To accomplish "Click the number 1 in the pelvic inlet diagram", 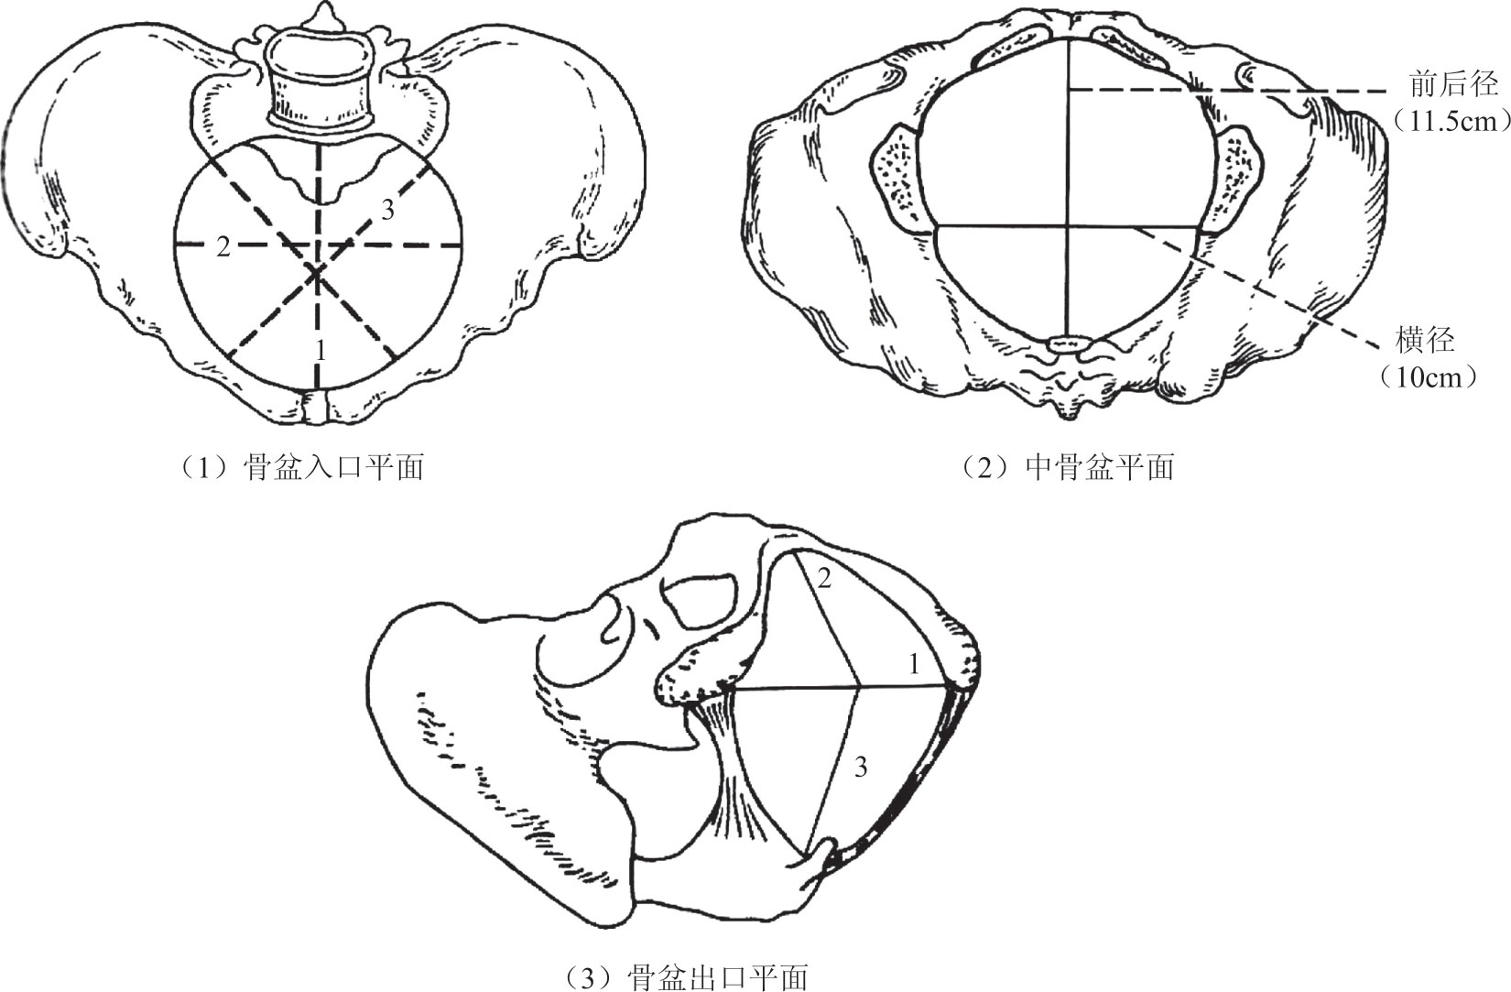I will pos(320,349).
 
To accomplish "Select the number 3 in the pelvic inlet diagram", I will pos(387,211).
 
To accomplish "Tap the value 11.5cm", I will pos(1448,122).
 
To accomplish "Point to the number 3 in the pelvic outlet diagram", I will pos(860,768).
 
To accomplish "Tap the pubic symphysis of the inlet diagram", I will pos(316,407).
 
